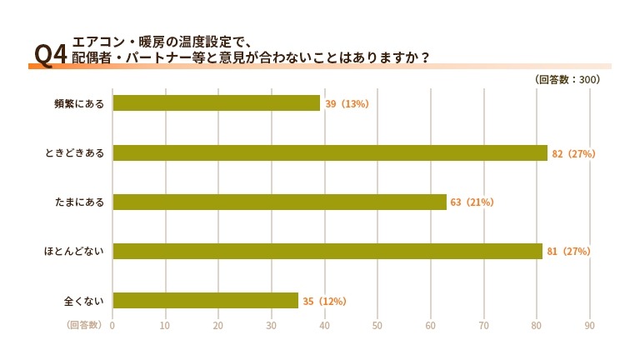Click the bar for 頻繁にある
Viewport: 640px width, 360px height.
coord(217,103)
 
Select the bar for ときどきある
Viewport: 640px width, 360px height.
coord(330,152)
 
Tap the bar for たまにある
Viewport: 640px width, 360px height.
coord(279,202)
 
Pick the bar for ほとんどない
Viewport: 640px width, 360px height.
coord(327,251)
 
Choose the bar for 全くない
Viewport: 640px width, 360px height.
coord(205,300)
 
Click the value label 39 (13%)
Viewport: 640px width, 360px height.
coord(347,103)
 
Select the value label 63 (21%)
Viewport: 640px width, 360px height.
coord(472,202)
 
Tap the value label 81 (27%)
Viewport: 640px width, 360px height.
coord(569,251)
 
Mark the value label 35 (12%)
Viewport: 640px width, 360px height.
coord(324,301)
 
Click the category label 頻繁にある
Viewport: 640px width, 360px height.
coord(79,103)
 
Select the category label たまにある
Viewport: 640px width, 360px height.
coord(79,202)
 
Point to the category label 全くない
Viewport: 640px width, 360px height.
coord(84,300)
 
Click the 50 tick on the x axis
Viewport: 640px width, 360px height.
coord(377,325)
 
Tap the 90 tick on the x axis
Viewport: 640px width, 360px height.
coord(590,325)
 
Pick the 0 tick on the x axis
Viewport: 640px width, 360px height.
coord(112,325)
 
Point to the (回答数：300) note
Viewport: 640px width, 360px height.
coord(567,80)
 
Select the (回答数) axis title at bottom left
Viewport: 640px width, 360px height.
coord(83,325)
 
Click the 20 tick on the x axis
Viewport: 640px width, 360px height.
coord(218,325)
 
